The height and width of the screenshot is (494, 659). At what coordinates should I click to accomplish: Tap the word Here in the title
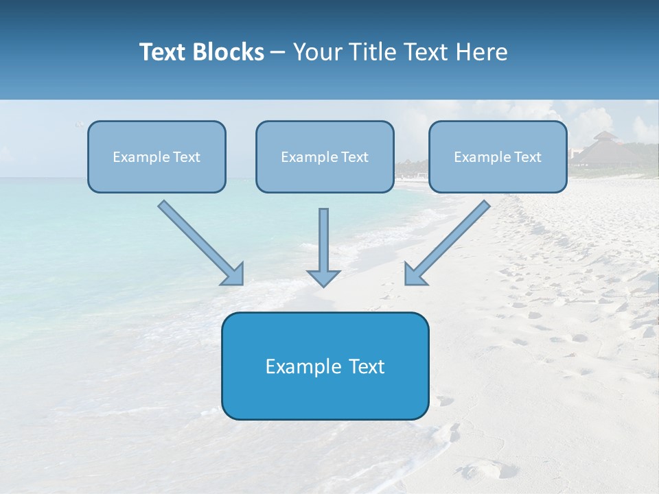pos(482,52)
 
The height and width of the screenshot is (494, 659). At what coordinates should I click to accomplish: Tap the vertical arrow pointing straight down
pos(324,240)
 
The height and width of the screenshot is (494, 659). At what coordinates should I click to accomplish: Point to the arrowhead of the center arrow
pos(324,277)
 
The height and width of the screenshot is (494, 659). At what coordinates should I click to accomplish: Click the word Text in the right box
pos(527,157)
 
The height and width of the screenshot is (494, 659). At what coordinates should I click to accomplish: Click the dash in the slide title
pos(278,53)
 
